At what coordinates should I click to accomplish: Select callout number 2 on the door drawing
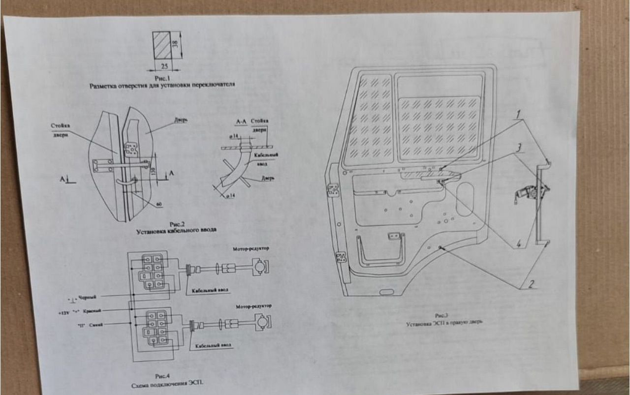click(531, 284)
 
